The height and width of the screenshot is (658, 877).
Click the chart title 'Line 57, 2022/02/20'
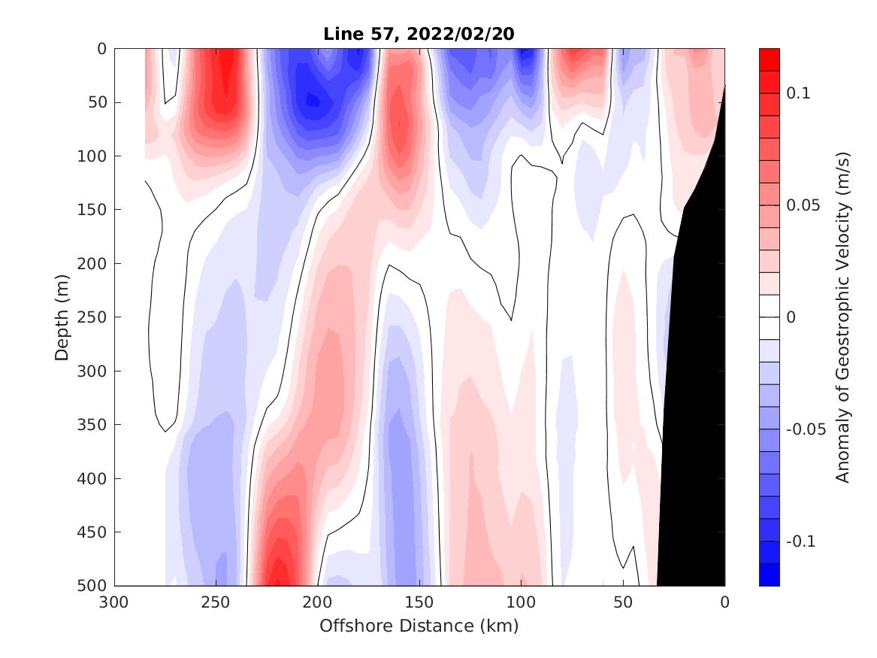[419, 35]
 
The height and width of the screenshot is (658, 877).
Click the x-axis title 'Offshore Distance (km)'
[419, 626]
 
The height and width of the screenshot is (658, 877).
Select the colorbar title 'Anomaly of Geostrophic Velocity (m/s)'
[842, 317]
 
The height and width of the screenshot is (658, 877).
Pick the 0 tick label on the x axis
[724, 603]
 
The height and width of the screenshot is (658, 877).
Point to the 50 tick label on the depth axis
[98, 102]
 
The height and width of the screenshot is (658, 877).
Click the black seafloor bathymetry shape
[695, 376]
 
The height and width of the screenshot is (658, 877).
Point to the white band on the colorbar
[770, 317]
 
